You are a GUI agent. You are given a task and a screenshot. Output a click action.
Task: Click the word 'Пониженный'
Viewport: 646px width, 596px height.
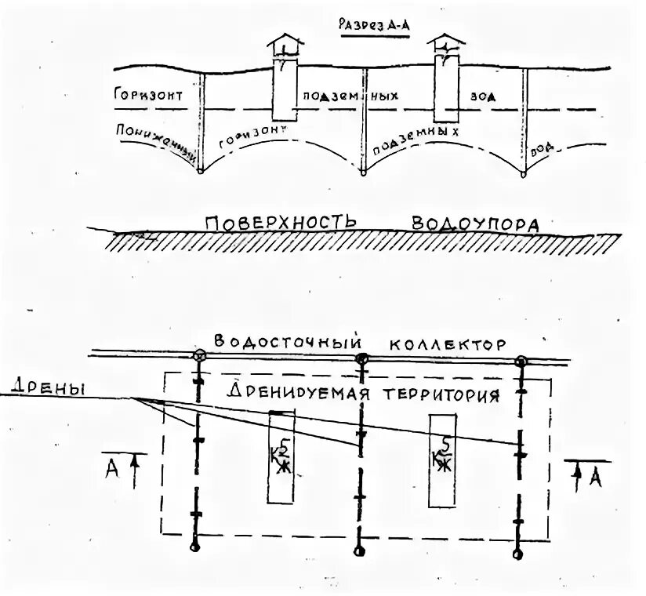154,136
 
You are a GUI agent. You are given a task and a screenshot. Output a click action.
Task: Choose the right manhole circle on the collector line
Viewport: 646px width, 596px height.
521,362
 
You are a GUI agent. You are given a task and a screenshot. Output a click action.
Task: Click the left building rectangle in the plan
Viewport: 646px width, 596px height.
281,456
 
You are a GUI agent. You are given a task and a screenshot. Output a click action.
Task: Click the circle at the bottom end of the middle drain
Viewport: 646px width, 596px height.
360,547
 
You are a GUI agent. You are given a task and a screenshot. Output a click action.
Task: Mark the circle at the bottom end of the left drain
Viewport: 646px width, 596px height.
196,546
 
